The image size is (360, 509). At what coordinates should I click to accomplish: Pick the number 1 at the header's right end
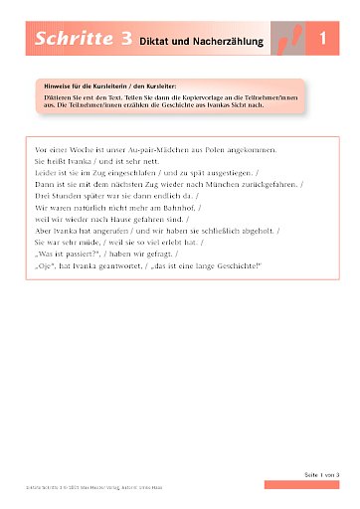pos(324,41)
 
